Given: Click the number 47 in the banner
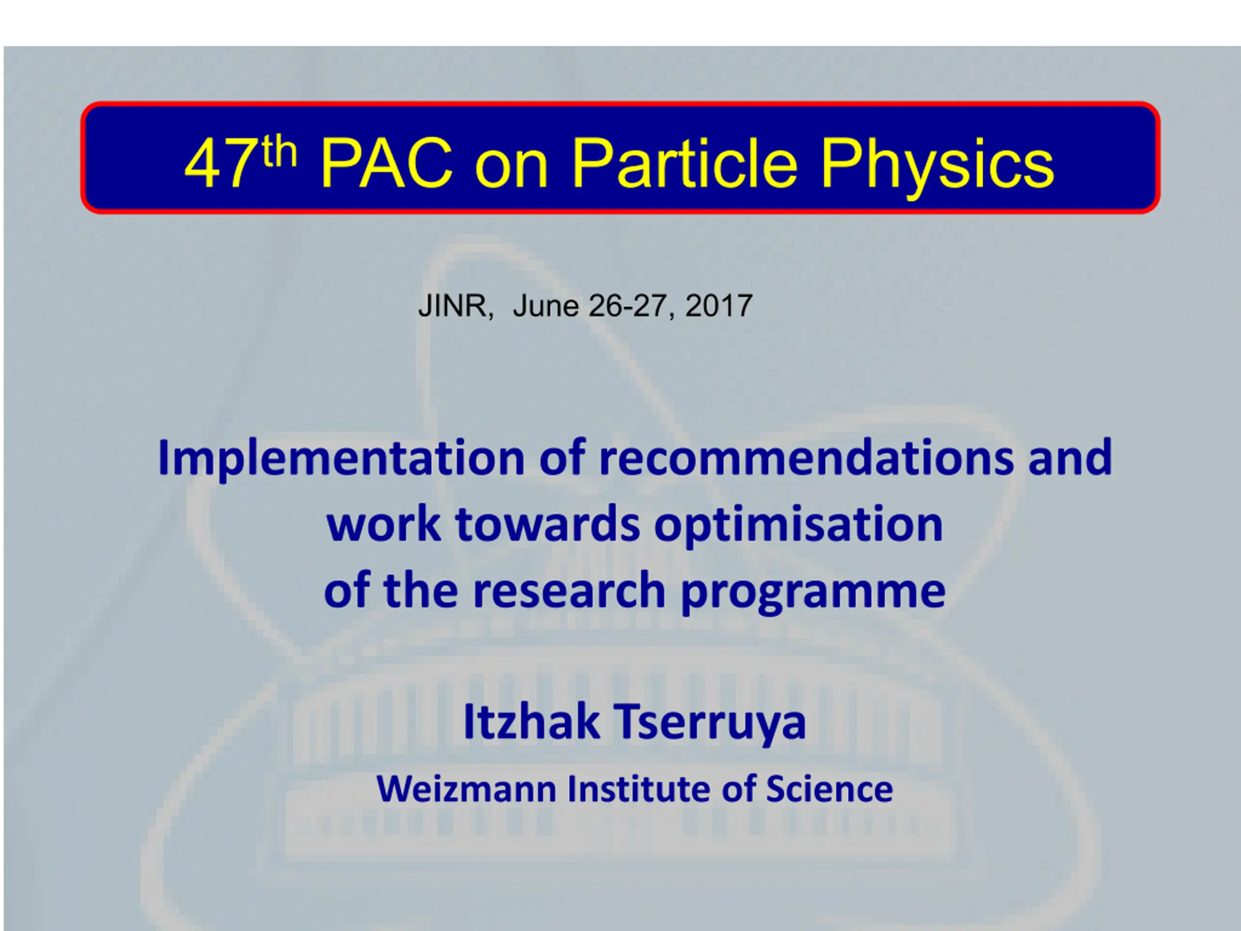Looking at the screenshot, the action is pyautogui.click(x=221, y=164).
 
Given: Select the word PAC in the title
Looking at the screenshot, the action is pyautogui.click(x=386, y=164).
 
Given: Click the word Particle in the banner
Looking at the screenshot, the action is pyautogui.click(x=684, y=163).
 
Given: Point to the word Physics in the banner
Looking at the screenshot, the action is pyautogui.click(x=938, y=168).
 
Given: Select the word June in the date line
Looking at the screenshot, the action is pyautogui.click(x=546, y=306).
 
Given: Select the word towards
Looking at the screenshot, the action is pyautogui.click(x=548, y=524).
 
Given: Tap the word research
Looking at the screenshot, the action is pyautogui.click(x=569, y=591).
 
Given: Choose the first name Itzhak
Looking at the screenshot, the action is pyautogui.click(x=531, y=722).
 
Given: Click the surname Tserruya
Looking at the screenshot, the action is pyautogui.click(x=711, y=724).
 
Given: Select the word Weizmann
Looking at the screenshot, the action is pyautogui.click(x=467, y=789).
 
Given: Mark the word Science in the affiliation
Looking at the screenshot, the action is pyautogui.click(x=829, y=789).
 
